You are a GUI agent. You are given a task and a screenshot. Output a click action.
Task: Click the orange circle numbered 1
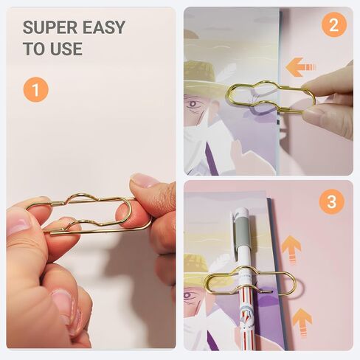coord(36,89)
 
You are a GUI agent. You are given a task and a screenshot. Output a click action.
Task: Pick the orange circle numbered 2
coord(334,25)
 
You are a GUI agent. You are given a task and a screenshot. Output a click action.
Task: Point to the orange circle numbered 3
coord(331,201)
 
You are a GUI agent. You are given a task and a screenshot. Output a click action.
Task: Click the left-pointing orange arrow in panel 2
coord(300,66)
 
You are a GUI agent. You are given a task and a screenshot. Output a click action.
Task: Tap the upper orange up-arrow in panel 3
coord(291,250)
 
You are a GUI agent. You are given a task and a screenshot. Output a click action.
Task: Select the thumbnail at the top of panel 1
coord(145,181)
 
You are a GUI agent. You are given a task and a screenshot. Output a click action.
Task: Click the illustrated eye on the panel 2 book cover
coord(193,104)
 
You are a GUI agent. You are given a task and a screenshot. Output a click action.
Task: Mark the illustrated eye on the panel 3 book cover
coord(188,296)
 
